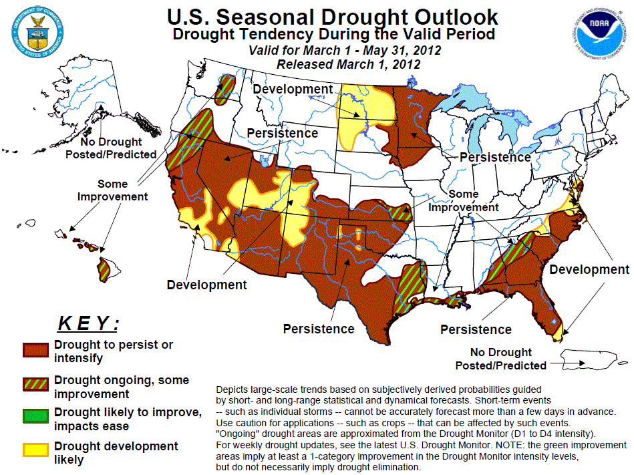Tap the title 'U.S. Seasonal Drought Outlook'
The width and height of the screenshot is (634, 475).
(x=332, y=17)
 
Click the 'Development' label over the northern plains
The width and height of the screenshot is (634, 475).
(x=293, y=90)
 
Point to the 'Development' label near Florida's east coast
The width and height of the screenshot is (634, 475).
(x=589, y=269)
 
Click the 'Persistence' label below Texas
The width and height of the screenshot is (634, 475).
(x=318, y=329)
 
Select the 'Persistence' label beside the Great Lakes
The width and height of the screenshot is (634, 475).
(x=495, y=158)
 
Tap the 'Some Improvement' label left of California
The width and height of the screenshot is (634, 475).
(x=112, y=190)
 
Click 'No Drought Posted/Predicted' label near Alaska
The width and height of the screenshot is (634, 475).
(x=111, y=148)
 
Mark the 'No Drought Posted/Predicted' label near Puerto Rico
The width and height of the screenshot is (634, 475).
(x=500, y=359)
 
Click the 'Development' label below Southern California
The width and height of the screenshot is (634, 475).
(x=206, y=285)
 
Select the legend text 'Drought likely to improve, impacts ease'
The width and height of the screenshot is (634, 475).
(x=128, y=419)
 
